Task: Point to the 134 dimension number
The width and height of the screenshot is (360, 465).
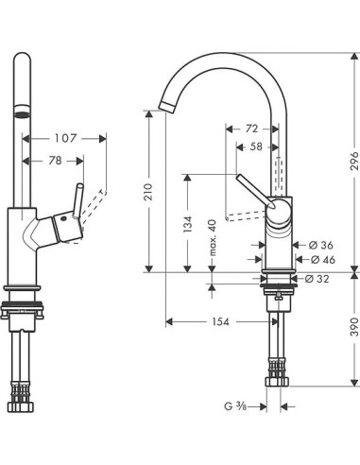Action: coord(190,224)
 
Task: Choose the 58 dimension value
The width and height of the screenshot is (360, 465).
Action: coord(257,146)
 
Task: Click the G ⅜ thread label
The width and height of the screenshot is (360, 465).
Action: coord(236,407)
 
